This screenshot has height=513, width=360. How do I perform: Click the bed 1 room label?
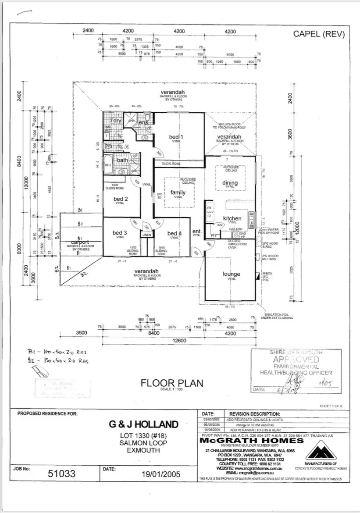point(176,137)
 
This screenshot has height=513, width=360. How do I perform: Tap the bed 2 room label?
point(121,199)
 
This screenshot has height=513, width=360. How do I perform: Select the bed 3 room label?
point(119,232)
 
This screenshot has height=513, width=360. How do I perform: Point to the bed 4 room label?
point(174,233)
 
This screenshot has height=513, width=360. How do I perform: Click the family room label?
point(178,192)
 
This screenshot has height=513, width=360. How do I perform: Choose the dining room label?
point(230,183)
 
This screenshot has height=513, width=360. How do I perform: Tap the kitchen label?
point(232,218)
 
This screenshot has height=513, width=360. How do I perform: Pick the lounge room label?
point(231,274)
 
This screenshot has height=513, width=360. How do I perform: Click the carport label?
point(80,242)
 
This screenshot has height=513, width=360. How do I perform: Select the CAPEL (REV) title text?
point(318,34)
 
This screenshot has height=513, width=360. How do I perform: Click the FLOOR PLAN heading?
point(172,383)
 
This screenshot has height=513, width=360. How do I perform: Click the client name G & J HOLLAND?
point(143,424)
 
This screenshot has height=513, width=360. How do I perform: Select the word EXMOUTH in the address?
point(143,450)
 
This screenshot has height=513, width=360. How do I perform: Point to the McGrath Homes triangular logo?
point(325,449)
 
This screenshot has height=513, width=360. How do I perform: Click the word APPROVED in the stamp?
point(296,359)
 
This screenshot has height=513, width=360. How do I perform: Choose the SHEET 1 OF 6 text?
point(334,406)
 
